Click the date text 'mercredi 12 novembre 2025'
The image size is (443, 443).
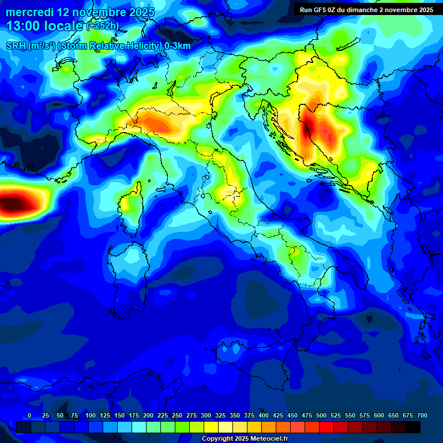pyautogui.click(x=80, y=12)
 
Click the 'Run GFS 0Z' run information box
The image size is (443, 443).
pyautogui.click(x=366, y=9)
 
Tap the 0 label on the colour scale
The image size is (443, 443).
pyautogui.click(x=29, y=415)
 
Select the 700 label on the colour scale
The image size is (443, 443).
pyautogui.click(x=422, y=415)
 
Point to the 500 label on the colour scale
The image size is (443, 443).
pyautogui.click(x=306, y=415)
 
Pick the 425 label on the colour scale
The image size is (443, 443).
pyautogui.click(x=277, y=415)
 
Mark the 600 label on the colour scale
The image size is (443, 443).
pyautogui.click(x=378, y=415)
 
